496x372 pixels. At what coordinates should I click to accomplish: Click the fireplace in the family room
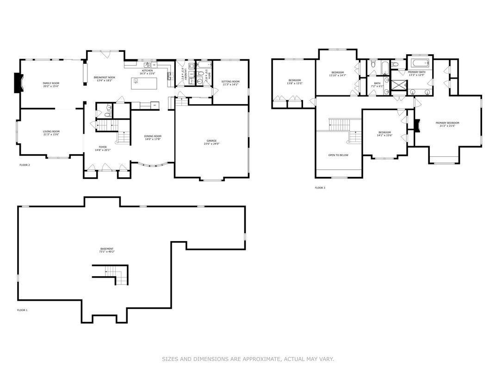tap(18, 83)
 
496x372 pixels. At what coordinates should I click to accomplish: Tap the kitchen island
tap(145, 84)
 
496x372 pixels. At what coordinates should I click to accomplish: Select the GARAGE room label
tap(211, 141)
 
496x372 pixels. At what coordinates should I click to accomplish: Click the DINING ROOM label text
tap(153, 136)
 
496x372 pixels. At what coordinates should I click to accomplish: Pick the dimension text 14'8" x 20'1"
tap(103, 150)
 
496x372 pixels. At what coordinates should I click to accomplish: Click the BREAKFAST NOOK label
tap(104, 77)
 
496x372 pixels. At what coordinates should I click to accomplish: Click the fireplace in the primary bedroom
tap(417, 126)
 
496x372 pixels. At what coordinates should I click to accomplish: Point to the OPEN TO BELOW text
tap(338, 155)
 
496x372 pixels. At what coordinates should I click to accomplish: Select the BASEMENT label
tap(106, 248)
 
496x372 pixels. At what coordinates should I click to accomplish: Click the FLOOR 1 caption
tap(22, 310)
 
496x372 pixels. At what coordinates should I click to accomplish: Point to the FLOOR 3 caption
tap(320, 188)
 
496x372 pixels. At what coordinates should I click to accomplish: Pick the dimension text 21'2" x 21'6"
tap(447, 126)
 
